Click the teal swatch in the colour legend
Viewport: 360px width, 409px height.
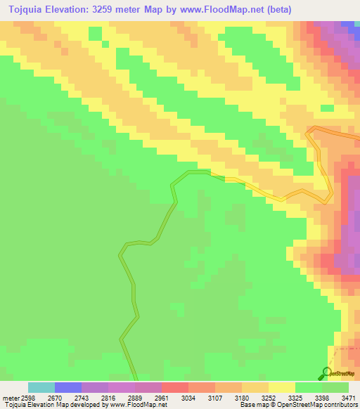41,387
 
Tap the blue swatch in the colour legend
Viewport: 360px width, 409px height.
68,387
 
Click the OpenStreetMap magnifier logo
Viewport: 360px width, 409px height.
327,373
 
